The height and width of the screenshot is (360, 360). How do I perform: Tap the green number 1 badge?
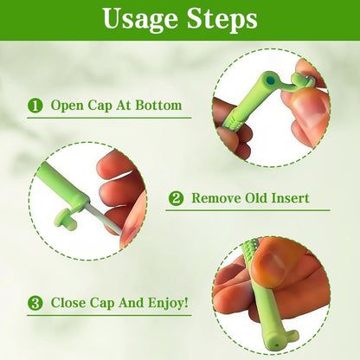tap(35, 106)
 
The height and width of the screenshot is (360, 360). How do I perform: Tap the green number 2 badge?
tap(176, 198)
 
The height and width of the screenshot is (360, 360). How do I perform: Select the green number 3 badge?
tap(35, 304)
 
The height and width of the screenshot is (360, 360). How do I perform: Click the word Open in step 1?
tap(67, 106)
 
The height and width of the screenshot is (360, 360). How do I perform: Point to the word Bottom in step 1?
tap(160, 106)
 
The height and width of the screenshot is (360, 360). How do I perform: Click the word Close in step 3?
tap(68, 304)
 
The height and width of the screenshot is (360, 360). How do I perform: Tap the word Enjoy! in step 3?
tap(164, 304)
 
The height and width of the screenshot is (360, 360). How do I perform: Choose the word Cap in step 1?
tap(101, 106)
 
